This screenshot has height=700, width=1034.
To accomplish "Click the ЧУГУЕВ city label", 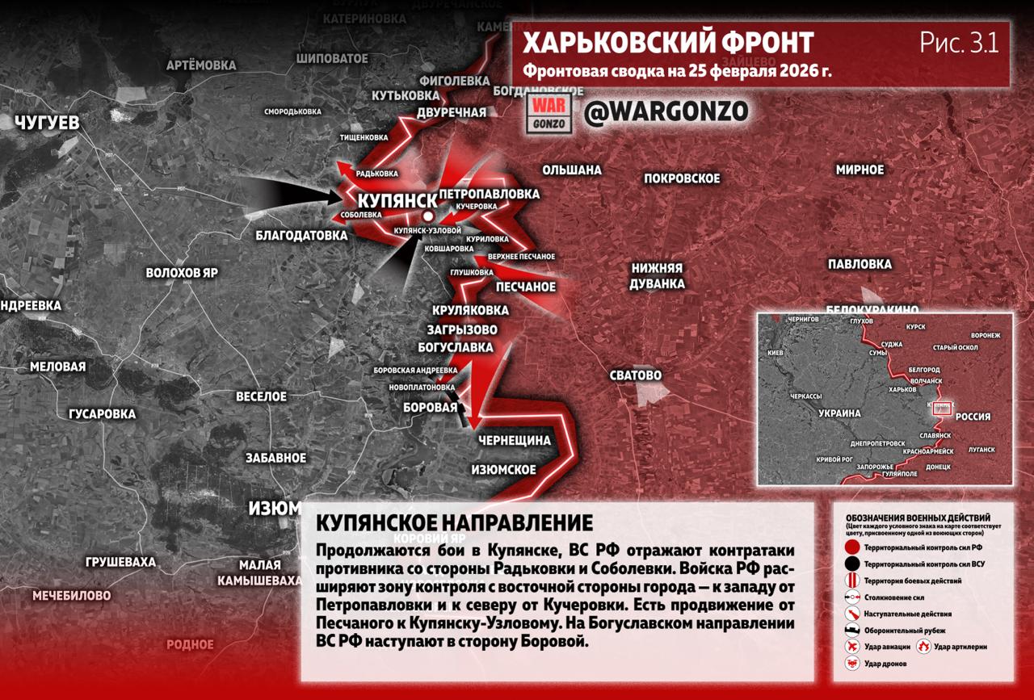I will point(48,123).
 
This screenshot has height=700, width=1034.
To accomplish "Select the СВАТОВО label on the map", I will point(636,375).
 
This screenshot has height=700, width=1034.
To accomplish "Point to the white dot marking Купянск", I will point(427,216).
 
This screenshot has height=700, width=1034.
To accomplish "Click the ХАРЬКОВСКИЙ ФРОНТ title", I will point(668,43).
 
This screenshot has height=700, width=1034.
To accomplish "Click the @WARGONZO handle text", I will point(666,112).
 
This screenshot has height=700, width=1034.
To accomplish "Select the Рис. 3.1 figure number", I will point(959,43).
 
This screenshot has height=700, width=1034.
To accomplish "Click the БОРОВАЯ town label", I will point(430,408).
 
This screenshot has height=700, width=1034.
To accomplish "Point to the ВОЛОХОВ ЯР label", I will point(182,273).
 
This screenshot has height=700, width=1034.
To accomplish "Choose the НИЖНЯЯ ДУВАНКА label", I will point(658,276).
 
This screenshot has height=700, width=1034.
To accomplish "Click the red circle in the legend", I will point(851,547).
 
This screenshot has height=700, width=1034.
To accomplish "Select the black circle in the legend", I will point(851,564).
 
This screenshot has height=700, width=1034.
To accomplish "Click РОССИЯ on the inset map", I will point(973,417).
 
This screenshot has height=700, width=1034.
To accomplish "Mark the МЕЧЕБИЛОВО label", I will point(71,596).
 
